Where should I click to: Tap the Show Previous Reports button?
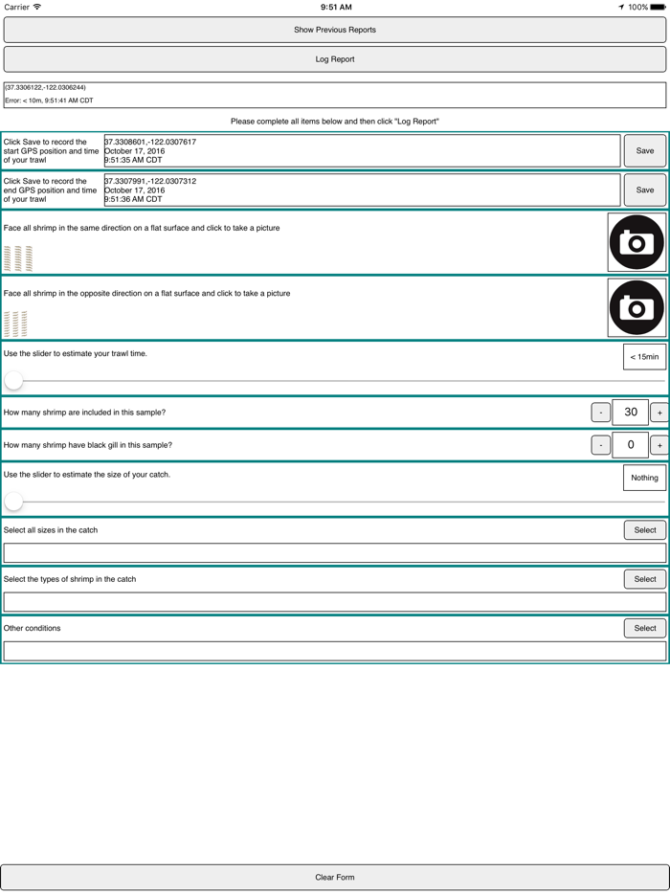[x=335, y=30]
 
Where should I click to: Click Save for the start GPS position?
[x=645, y=151]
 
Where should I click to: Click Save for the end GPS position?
[x=645, y=190]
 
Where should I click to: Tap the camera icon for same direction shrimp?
[x=636, y=242]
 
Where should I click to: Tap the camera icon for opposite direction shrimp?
[x=636, y=308]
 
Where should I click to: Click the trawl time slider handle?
[x=13, y=380]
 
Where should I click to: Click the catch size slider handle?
[x=13, y=501]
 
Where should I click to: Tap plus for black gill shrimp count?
[x=659, y=445]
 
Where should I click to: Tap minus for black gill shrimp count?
[x=600, y=445]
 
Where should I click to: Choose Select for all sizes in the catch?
[x=645, y=530]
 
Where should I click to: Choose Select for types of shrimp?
[x=645, y=579]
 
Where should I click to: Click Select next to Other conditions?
[x=645, y=629]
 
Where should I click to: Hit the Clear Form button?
[x=335, y=877]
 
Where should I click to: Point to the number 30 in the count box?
[x=630, y=413]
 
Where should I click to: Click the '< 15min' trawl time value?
[x=644, y=357]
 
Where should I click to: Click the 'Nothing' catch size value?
[x=644, y=478]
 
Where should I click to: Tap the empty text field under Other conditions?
[x=335, y=651]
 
